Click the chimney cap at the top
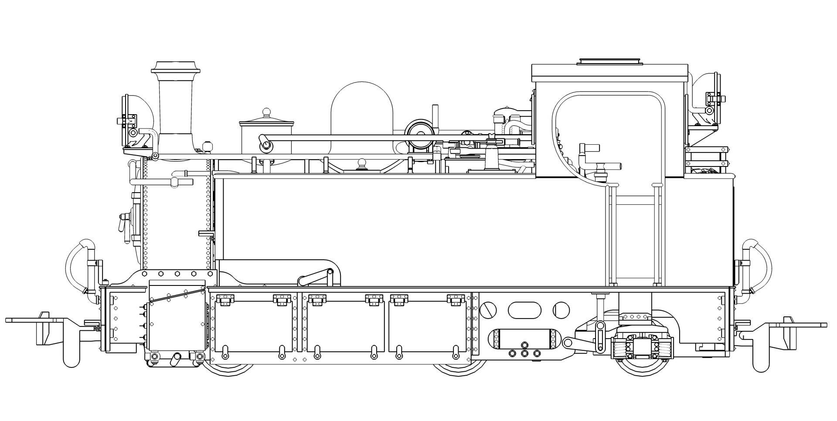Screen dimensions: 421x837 [176, 68]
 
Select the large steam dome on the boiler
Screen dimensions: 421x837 [361, 109]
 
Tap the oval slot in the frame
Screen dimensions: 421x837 [524, 309]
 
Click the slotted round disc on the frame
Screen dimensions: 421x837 [488, 310]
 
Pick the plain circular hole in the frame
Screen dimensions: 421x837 [561, 310]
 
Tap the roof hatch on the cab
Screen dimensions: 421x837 [610, 61]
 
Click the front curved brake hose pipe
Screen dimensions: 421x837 [78, 261]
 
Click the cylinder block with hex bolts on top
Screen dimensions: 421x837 [177, 314]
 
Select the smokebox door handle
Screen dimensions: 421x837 [124, 222]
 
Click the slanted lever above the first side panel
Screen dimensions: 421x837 [314, 276]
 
